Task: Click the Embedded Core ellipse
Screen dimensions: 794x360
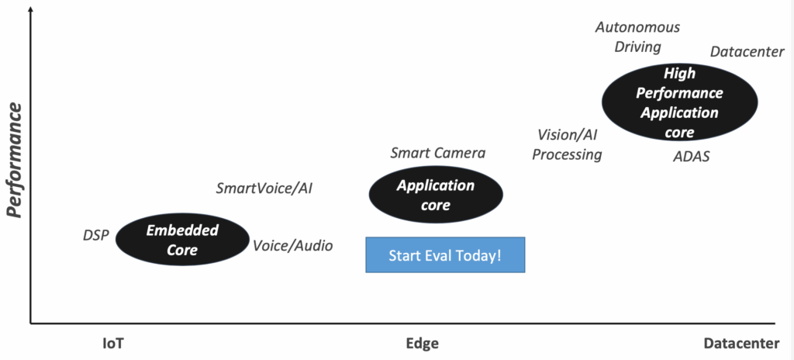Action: coord(182,239)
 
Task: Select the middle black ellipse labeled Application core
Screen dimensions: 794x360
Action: coord(436,195)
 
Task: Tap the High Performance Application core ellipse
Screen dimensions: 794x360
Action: coord(679,102)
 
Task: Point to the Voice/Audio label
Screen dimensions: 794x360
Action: coord(292,246)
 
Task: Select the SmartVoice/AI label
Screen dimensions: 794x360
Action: coord(264,189)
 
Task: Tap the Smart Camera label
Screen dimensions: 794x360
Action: coord(437,153)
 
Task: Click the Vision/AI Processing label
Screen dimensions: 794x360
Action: coord(567,144)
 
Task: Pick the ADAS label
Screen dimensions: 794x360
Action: coord(691,157)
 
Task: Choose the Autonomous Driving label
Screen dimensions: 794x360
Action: coord(637,37)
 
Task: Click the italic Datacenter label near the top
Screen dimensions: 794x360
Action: coord(747,52)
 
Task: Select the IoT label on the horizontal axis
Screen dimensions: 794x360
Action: coord(113,344)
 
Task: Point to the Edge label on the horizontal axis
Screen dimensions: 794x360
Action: coord(423,344)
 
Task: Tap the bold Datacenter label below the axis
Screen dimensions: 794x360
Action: coord(741,344)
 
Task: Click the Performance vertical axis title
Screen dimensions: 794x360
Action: coord(16,161)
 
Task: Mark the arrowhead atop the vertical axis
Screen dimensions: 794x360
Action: coord(31,9)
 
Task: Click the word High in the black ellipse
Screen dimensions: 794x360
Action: coord(679,74)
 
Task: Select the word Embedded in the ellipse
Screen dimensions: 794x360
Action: coord(182,230)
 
